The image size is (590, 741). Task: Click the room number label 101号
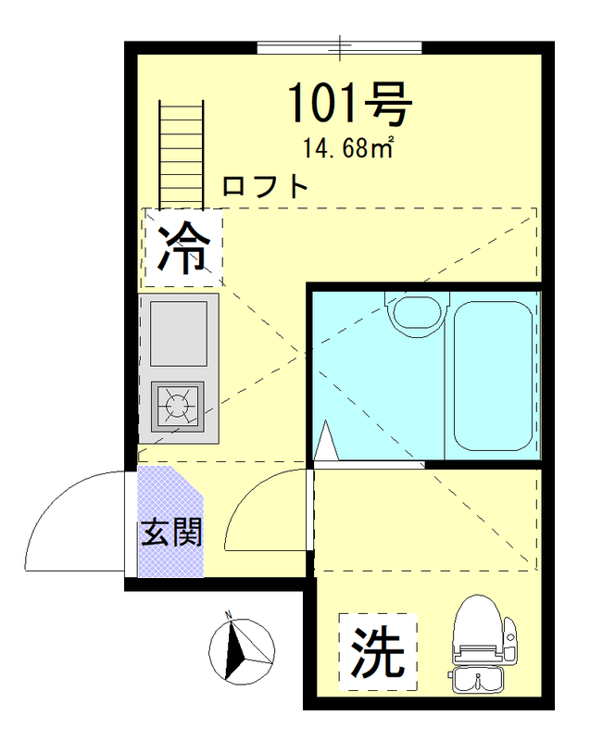point(347,105)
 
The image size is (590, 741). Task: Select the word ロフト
point(265,186)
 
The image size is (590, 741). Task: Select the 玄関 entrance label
point(171,534)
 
